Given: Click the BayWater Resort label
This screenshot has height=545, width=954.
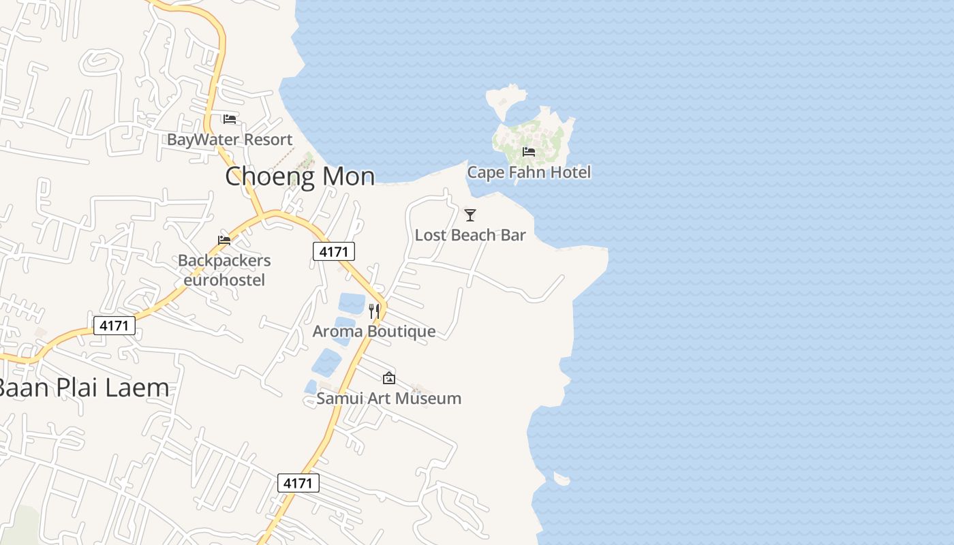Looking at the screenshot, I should [x=230, y=140].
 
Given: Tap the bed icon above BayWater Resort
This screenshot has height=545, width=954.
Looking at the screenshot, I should [x=230, y=119].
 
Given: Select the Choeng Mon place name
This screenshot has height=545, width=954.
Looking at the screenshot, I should [x=300, y=176].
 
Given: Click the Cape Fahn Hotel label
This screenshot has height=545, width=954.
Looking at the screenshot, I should [x=529, y=172].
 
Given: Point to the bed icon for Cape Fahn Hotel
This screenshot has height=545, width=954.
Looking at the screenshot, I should [x=529, y=151].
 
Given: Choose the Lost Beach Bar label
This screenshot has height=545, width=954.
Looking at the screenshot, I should [x=470, y=235].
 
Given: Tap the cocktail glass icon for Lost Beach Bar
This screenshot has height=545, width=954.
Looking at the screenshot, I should [x=470, y=215].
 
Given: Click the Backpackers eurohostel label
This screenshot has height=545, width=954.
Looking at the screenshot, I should [x=224, y=270].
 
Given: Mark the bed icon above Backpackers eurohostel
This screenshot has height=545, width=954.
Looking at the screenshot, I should [x=224, y=240].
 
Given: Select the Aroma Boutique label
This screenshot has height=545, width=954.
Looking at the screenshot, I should [x=374, y=332].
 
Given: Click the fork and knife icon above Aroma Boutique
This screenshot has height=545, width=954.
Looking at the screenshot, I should [x=374, y=311].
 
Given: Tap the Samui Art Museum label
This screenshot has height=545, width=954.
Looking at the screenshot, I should [x=388, y=399].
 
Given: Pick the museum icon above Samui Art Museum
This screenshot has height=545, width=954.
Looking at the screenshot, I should [x=388, y=377].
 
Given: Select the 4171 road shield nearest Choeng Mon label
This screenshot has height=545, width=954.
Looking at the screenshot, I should [x=334, y=251].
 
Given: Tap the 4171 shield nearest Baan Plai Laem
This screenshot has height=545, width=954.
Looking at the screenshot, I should [x=114, y=326].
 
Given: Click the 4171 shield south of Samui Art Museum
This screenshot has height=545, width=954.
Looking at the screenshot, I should [x=298, y=483].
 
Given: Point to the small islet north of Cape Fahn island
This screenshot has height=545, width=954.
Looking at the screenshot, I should [x=506, y=99].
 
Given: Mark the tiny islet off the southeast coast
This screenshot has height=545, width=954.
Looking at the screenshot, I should [x=561, y=479].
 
